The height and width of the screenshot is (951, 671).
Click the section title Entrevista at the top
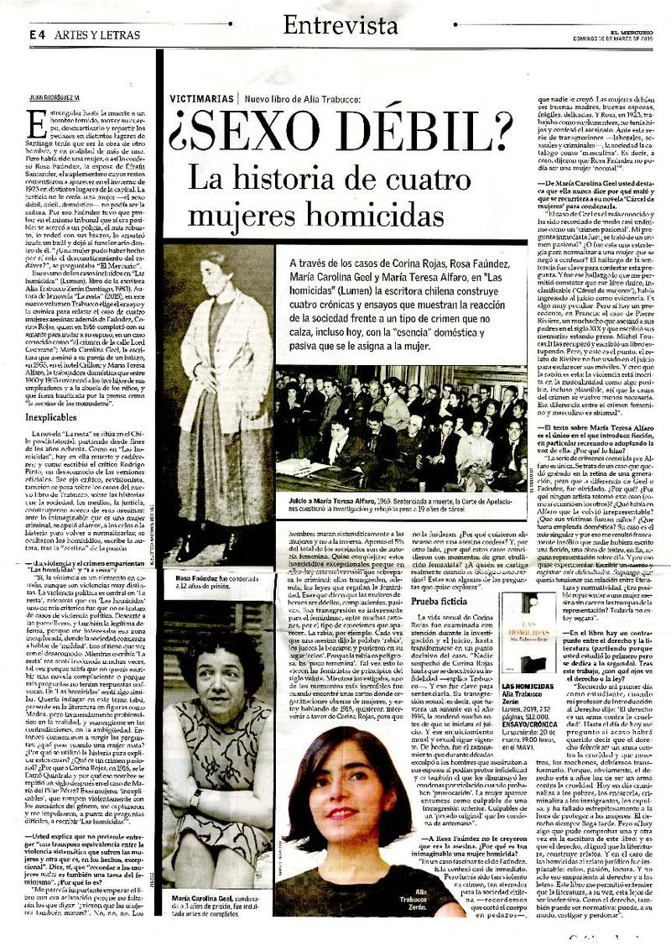tap(340, 26)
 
